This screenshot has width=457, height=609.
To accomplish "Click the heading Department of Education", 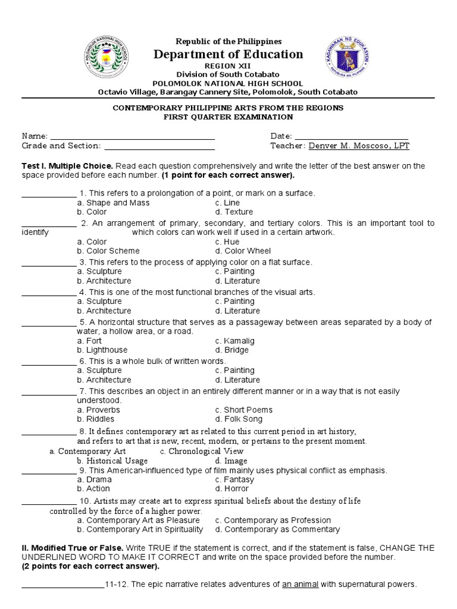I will click(x=228, y=55).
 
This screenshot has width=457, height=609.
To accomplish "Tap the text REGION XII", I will click(x=228, y=67).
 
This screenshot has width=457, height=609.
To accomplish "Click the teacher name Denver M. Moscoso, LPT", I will click(x=359, y=146).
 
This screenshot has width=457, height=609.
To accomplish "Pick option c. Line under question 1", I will click(x=227, y=203).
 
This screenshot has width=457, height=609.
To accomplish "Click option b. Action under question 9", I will click(x=93, y=489).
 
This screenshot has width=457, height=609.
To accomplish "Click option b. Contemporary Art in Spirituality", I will click(x=140, y=529).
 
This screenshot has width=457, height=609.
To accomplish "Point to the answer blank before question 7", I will click(x=49, y=391).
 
